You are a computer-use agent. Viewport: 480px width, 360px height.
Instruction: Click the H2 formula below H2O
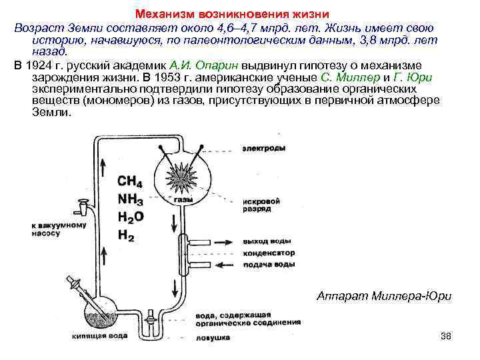coord(127,234)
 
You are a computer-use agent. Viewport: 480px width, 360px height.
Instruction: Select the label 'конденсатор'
coord(268,253)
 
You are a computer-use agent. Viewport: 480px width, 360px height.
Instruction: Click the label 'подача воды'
coord(267,265)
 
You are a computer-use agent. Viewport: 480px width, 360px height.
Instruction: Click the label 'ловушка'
coord(213,338)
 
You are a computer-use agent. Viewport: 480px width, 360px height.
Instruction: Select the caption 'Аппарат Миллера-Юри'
coord(383,294)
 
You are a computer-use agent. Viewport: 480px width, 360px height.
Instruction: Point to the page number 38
coord(446,335)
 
